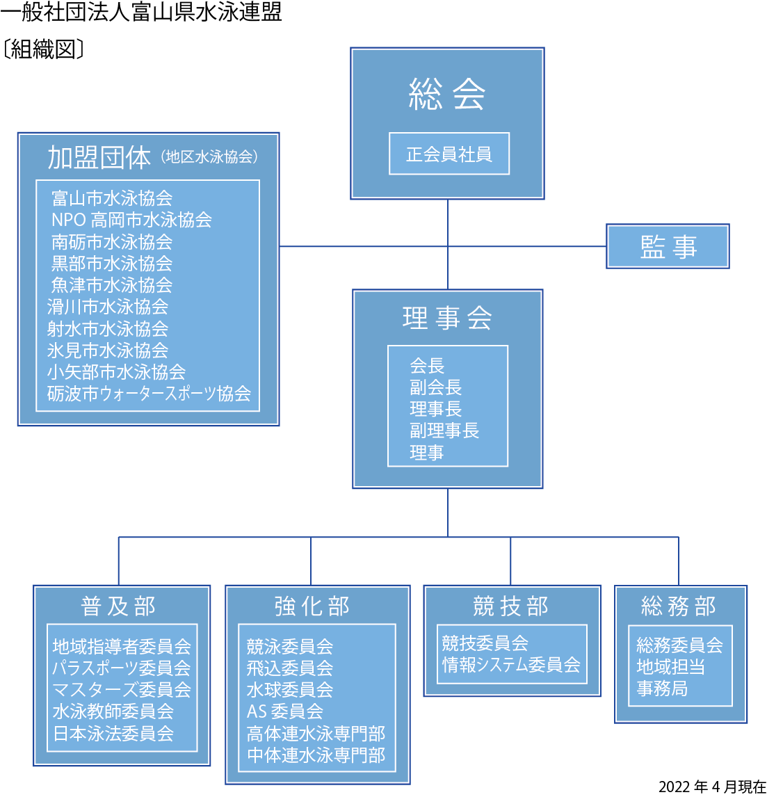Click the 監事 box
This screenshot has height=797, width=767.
click(x=668, y=246)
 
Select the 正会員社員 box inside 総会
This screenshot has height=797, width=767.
click(x=449, y=154)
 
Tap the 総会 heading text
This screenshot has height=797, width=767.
click(x=447, y=95)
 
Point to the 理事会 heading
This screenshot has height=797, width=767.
click(x=447, y=319)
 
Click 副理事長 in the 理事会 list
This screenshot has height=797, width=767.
click(x=444, y=430)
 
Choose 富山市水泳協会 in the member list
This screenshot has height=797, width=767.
click(x=112, y=198)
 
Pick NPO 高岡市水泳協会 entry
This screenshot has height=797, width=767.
click(x=131, y=220)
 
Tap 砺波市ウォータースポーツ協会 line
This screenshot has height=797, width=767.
click(x=149, y=394)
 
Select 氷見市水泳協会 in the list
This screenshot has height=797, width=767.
click(x=108, y=351)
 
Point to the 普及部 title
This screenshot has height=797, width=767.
click(x=118, y=606)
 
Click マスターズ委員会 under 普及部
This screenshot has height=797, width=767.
click(x=122, y=689)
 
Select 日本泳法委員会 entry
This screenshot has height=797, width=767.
click(x=113, y=733)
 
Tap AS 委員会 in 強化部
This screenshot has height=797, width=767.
click(x=284, y=711)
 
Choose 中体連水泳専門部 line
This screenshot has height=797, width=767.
click(x=316, y=755)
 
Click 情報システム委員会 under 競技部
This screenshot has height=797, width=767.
click(x=511, y=664)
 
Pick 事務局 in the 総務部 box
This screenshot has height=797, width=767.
click(x=662, y=689)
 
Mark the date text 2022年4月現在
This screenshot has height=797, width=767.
click(x=712, y=787)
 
